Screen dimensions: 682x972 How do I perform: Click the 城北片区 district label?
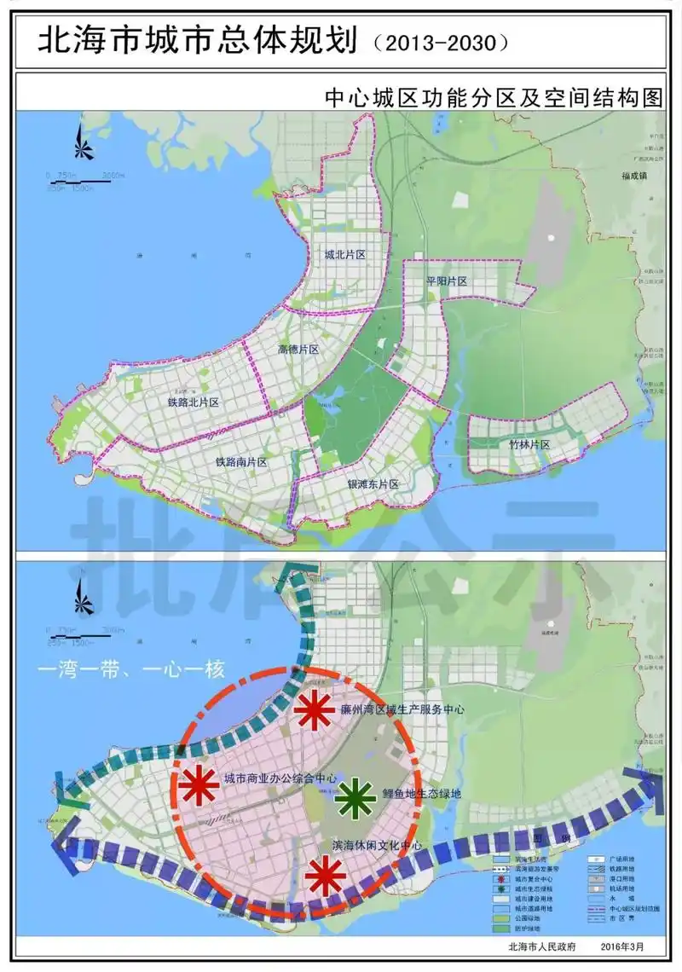(344, 255)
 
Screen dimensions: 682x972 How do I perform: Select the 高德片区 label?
(298, 350)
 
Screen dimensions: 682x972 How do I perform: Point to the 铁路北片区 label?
(194, 402)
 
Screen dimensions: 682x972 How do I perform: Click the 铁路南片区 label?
(241, 461)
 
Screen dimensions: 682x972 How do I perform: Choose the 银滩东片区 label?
(373, 484)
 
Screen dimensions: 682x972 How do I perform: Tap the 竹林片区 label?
(530, 445)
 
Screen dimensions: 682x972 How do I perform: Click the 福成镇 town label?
(636, 176)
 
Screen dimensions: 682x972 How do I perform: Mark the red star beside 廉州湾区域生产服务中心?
(313, 710)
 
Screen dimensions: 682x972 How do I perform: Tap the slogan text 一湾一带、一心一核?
(130, 669)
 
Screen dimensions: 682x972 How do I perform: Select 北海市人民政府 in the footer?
(541, 946)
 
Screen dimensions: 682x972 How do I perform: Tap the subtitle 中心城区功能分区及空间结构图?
(493, 96)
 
